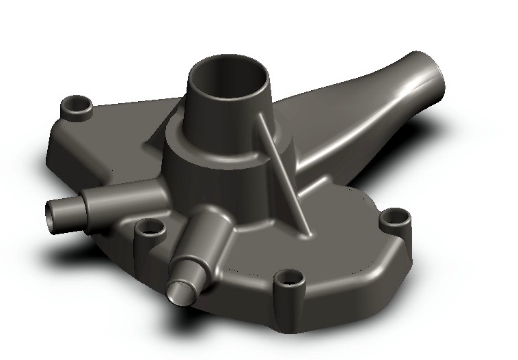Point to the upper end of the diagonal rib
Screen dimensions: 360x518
click(260, 117)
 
